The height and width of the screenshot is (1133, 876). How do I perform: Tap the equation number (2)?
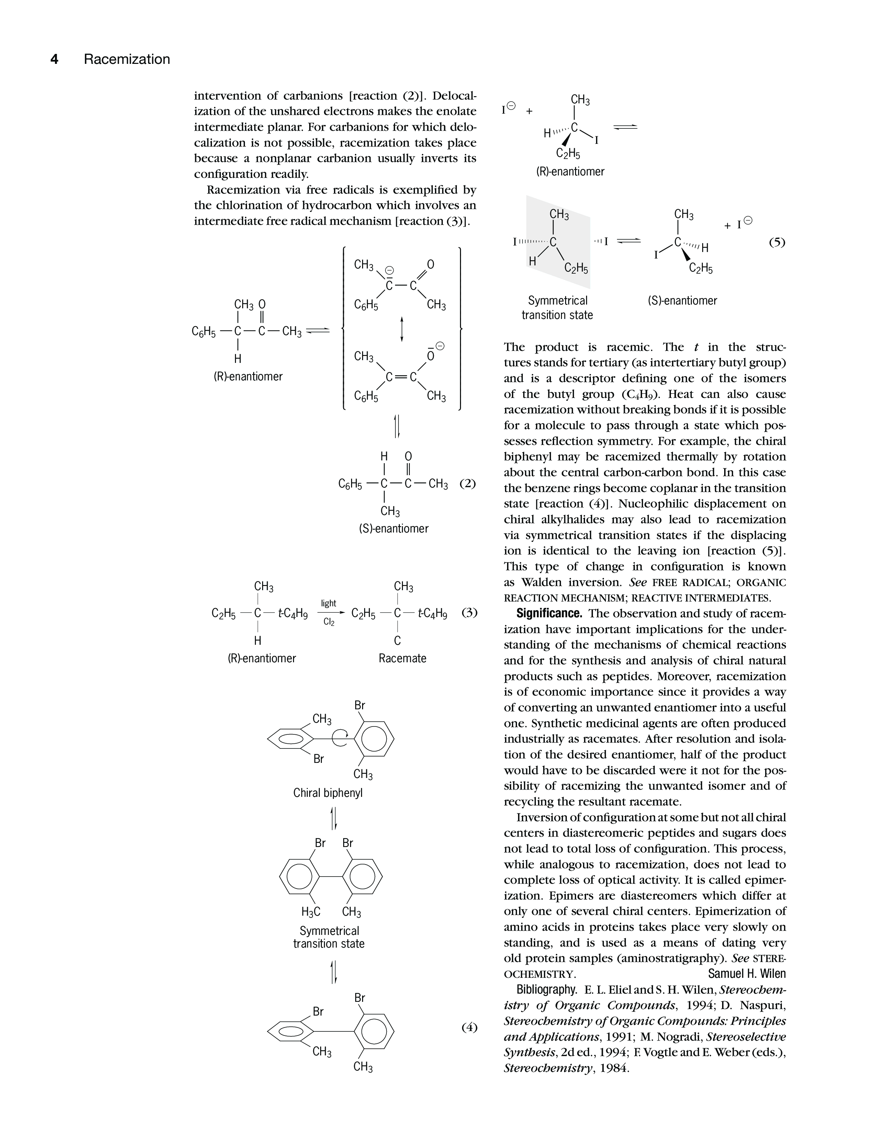[x=468, y=483]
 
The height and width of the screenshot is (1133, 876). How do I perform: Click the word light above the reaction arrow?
[x=328, y=603]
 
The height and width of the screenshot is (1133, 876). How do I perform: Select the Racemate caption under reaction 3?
[x=402, y=658]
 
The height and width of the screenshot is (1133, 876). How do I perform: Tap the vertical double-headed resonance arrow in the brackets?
[x=402, y=329]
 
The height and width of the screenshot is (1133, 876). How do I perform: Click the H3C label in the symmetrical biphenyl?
[x=311, y=912]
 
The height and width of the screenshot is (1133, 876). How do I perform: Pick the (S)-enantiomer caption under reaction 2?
[x=394, y=529]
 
